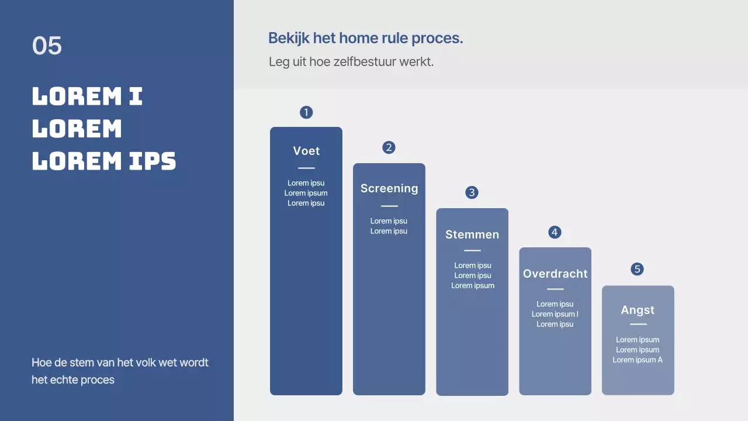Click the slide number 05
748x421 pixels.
[47, 46]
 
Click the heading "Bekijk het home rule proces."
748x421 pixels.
[365, 39]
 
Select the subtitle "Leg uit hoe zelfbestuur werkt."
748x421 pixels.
[351, 61]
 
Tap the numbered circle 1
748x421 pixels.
[306, 112]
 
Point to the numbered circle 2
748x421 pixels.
[389, 147]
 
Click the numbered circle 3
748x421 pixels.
[472, 192]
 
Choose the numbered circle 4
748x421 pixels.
[555, 232]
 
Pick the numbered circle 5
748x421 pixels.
[638, 269]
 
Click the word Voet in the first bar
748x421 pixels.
[306, 151]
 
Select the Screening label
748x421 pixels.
[389, 188]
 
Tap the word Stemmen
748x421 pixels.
[472, 234]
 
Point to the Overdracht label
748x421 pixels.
[555, 274]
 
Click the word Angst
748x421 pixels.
[638, 310]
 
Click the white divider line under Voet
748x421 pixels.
[306, 168]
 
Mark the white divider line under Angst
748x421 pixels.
[638, 324]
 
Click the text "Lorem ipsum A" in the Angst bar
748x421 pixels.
[638, 360]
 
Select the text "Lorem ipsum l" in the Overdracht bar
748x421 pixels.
[555, 314]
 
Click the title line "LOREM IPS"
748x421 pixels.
[104, 161]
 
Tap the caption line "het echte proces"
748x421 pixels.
[73, 379]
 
